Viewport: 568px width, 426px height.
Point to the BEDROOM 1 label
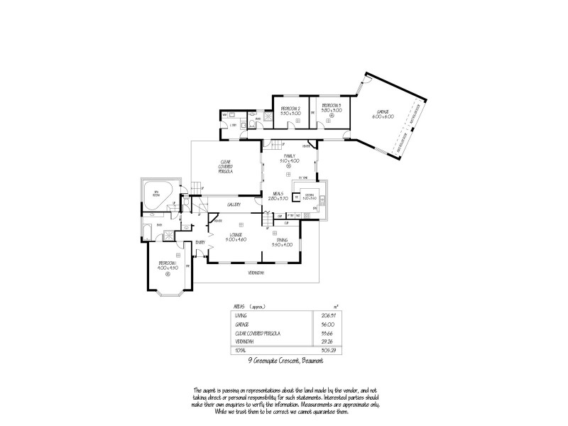click(168, 265)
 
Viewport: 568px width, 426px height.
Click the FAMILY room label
click(290, 158)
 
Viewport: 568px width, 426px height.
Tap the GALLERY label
click(234, 204)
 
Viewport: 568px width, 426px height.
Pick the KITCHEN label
click(310, 196)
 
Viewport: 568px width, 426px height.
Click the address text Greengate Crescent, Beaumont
click(290, 361)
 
